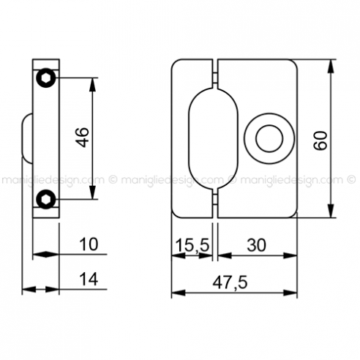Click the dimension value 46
tap(83, 138)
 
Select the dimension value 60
tap(320, 140)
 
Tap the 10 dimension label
tap(89, 244)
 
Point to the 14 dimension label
tap(89, 279)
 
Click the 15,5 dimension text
tap(192, 245)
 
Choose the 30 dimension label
tap(256, 245)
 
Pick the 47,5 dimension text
tap(230, 282)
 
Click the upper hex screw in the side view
tap(46, 78)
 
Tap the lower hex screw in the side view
tap(46, 199)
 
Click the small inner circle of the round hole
tap(269, 138)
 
